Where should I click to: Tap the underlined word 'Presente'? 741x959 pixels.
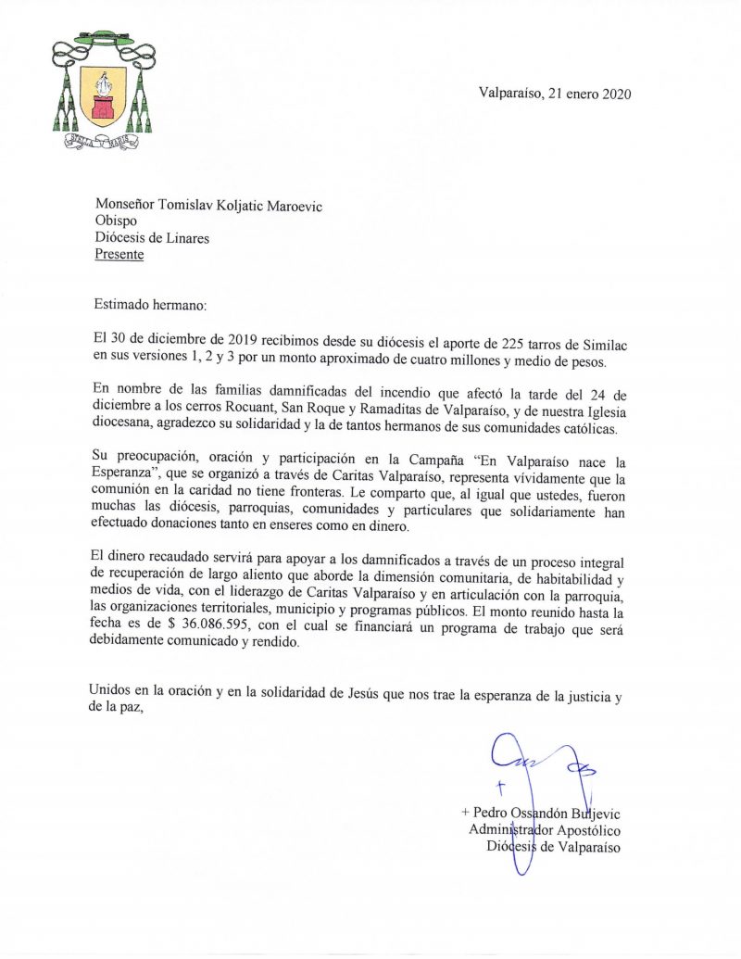pyautogui.click(x=119, y=255)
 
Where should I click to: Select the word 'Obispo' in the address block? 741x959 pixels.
pyautogui.click(x=117, y=221)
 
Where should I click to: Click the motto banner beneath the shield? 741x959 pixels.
pyautogui.click(x=103, y=142)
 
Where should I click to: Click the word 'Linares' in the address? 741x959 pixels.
pyautogui.click(x=183, y=238)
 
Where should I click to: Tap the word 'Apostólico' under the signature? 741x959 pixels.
pyautogui.click(x=585, y=829)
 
